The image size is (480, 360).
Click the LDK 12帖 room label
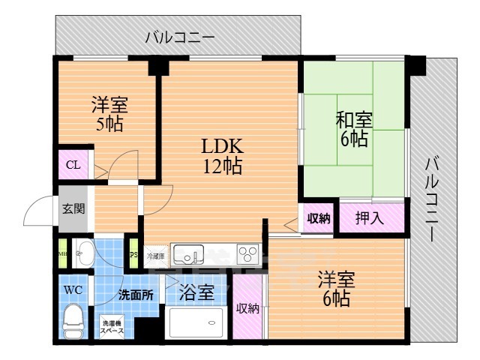pyautogui.click(x=220, y=155)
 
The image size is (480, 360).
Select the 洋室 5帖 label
pyautogui.click(x=108, y=114)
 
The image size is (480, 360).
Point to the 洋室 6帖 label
pyautogui.click(x=334, y=288)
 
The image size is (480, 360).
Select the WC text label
pyautogui.click(x=73, y=289)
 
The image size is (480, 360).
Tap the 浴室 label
pyautogui.click(x=196, y=292)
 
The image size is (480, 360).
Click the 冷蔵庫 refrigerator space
pyautogui.click(x=155, y=256)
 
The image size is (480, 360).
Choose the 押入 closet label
pyautogui.click(x=369, y=219)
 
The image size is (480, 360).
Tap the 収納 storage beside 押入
pyautogui.click(x=318, y=219)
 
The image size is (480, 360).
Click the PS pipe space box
pyautogui.click(x=134, y=253)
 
